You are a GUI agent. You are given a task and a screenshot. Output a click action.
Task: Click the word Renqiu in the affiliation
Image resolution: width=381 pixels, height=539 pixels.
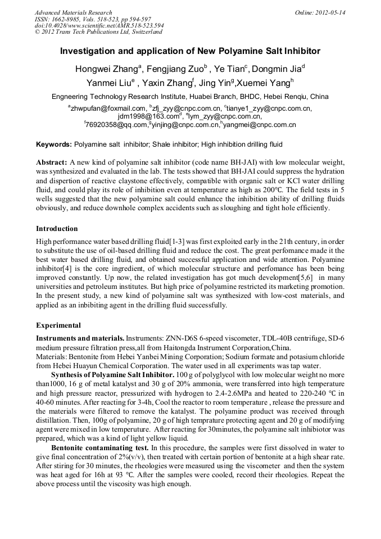(296, 97)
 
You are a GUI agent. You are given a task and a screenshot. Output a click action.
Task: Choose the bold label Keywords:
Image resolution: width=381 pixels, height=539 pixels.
(54, 144)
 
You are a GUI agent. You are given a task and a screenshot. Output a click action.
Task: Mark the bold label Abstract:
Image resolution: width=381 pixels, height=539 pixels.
(52, 162)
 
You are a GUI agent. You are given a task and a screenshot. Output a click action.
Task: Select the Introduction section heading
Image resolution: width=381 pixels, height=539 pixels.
(57, 229)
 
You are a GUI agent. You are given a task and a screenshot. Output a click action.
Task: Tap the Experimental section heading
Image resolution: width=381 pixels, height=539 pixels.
(58, 325)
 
